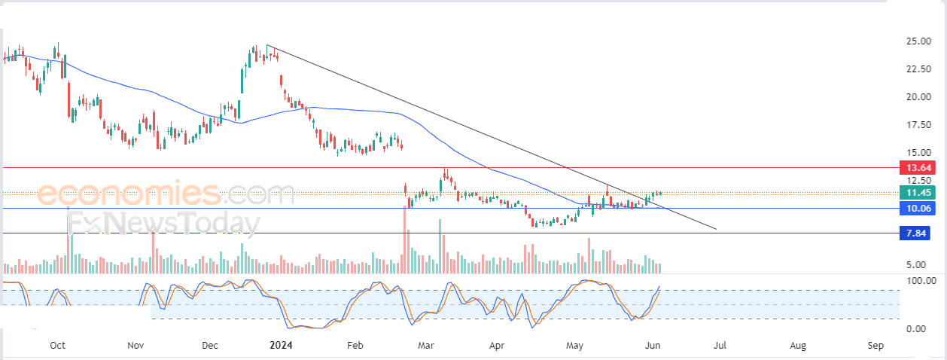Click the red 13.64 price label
(x=917, y=167)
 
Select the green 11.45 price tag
(x=917, y=193)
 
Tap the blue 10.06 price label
(x=917, y=208)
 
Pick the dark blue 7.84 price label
(x=915, y=233)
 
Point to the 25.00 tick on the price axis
(x=918, y=41)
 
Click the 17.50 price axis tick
(x=918, y=124)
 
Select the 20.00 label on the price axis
(x=918, y=96)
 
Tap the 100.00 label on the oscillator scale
(x=921, y=280)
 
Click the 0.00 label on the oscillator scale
(x=916, y=328)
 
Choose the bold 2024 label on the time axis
(x=281, y=345)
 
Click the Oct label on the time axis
(x=57, y=345)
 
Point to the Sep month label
(x=875, y=346)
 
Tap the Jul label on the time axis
(x=720, y=345)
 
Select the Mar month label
(x=426, y=345)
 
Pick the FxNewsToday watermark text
(x=164, y=223)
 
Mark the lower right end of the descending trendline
(x=716, y=229)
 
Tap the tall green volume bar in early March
(x=440, y=246)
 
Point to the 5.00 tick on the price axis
(x=916, y=264)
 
